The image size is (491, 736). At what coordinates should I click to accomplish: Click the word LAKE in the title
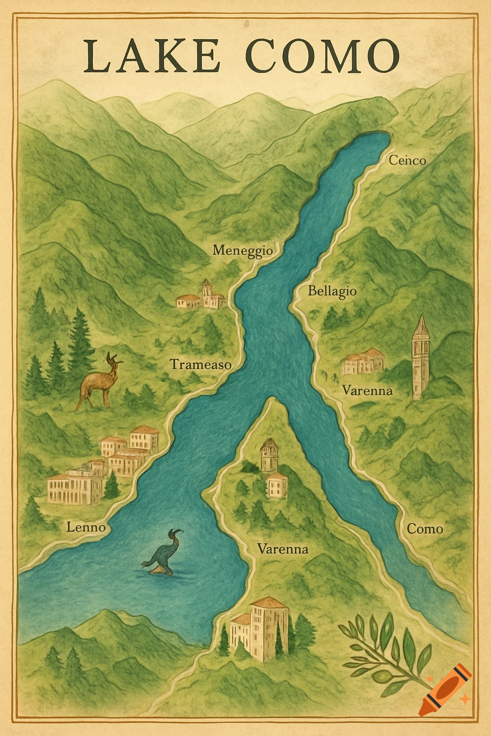[x=152, y=57]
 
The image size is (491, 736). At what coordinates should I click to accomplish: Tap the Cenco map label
[x=407, y=160]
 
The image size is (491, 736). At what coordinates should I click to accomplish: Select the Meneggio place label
[x=243, y=250]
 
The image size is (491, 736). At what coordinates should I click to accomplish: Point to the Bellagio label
[x=332, y=291]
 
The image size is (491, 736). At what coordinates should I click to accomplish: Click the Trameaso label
[x=201, y=365]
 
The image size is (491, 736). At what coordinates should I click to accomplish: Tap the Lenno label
[x=86, y=528]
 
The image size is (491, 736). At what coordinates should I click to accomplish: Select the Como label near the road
[x=425, y=529]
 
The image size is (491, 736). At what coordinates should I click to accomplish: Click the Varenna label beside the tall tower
[x=367, y=391]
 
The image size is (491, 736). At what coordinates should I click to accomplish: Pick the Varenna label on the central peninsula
[x=282, y=549]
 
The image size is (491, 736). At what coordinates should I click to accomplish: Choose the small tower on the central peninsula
[x=269, y=455]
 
